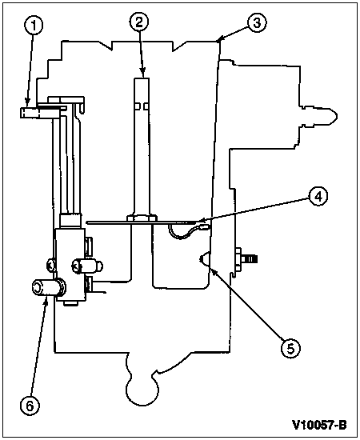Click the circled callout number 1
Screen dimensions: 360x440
click(34, 26)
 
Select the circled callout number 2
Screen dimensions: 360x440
click(139, 22)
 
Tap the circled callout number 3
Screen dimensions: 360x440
click(257, 23)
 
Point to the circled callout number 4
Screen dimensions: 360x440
click(318, 197)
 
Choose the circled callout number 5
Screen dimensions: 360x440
click(290, 349)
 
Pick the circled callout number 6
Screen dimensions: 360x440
click(30, 406)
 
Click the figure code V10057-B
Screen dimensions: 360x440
click(319, 425)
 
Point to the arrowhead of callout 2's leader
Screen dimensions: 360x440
click(143, 74)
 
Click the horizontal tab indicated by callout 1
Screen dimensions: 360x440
click(39, 113)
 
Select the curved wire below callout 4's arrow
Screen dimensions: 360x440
click(185, 234)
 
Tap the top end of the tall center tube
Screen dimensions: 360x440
click(142, 78)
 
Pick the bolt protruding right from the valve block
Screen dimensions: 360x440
click(87, 266)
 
